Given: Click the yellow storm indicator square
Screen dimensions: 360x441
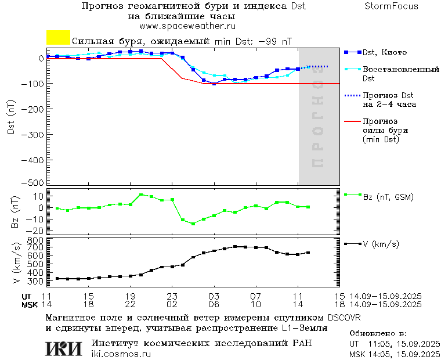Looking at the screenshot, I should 58,38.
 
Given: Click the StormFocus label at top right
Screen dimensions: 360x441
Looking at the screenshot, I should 391,6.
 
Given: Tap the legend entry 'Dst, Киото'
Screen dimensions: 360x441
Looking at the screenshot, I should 384,52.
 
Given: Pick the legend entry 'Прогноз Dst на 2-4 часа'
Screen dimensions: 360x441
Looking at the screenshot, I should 388,100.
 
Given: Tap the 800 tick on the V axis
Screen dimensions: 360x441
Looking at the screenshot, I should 37,240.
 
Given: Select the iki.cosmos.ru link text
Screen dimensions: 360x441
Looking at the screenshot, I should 121,354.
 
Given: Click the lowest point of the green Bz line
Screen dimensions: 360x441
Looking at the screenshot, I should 193,224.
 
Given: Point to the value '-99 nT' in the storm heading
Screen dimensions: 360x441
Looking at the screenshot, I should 274,42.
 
